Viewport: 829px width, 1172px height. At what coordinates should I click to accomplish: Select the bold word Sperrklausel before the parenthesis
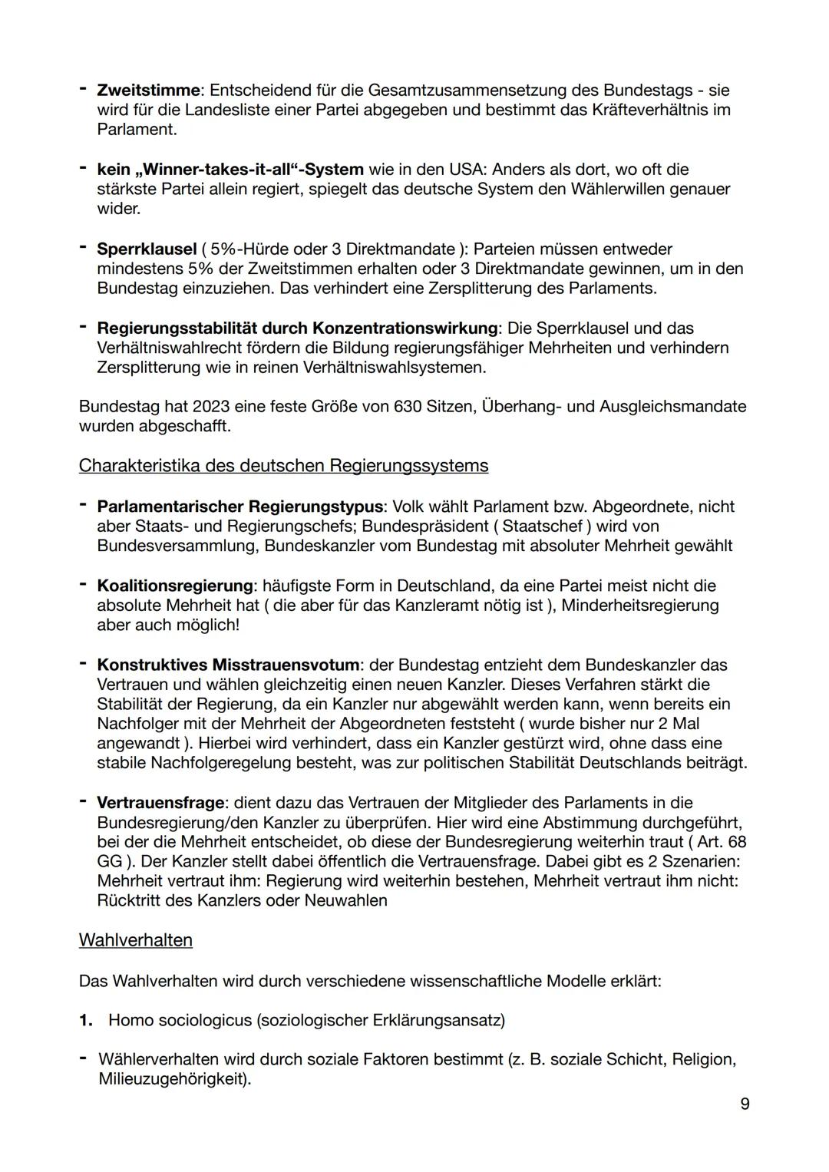(147, 249)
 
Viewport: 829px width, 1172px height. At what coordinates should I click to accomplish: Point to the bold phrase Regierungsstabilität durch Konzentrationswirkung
(296, 328)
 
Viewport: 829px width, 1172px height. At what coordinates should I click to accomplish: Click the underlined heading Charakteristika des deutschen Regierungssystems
(283, 465)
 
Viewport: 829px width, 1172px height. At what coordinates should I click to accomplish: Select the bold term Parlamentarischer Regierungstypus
(239, 507)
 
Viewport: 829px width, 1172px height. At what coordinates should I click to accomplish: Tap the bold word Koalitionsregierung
(174, 586)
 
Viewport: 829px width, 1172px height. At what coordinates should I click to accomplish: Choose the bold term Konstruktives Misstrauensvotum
(227, 665)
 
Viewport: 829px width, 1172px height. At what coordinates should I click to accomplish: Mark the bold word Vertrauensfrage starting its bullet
(160, 802)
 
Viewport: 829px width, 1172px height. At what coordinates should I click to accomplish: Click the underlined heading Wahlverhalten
(135, 939)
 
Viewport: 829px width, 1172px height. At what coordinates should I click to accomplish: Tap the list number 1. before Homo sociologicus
(86, 1020)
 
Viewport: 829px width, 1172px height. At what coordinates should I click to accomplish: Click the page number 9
(745, 1104)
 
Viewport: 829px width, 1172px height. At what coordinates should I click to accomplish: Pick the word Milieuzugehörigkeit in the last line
(173, 1079)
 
